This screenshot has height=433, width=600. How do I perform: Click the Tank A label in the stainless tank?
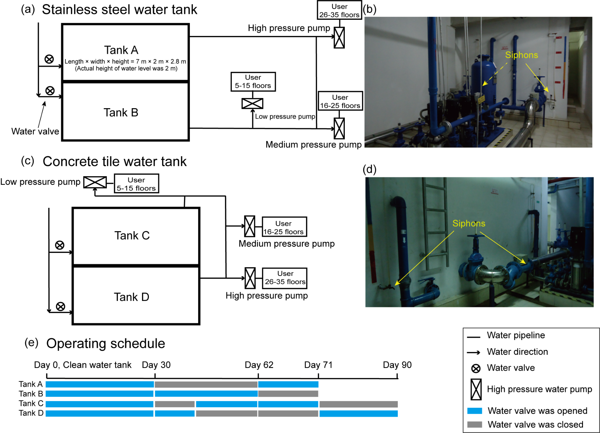(121, 50)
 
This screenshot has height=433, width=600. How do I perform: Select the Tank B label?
(121, 113)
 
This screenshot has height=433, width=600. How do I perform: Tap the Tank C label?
(132, 236)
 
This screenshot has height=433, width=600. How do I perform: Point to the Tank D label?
(131, 297)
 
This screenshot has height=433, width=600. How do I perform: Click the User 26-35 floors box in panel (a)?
(339, 10)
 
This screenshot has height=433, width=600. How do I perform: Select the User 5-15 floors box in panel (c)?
(136, 184)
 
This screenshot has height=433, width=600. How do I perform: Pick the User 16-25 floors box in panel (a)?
(340, 101)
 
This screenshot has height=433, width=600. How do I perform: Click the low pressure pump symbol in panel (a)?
(252, 103)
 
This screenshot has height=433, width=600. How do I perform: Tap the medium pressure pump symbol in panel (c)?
(250, 226)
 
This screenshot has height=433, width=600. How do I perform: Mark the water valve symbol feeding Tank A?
(49, 59)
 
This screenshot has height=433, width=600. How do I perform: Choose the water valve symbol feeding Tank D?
(60, 306)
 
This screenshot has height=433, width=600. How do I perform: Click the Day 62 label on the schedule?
(259, 365)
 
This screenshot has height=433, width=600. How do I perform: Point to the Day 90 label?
(397, 365)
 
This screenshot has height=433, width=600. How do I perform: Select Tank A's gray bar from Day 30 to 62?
(206, 384)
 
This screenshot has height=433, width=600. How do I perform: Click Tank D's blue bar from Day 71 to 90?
(358, 413)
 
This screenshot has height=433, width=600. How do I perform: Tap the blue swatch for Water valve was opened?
(474, 411)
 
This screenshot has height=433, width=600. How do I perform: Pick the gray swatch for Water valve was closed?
(474, 424)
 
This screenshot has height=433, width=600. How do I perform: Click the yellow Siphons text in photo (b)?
(521, 55)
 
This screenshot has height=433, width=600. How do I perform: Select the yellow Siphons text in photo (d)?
(469, 223)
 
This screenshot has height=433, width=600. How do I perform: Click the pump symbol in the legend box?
(476, 389)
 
